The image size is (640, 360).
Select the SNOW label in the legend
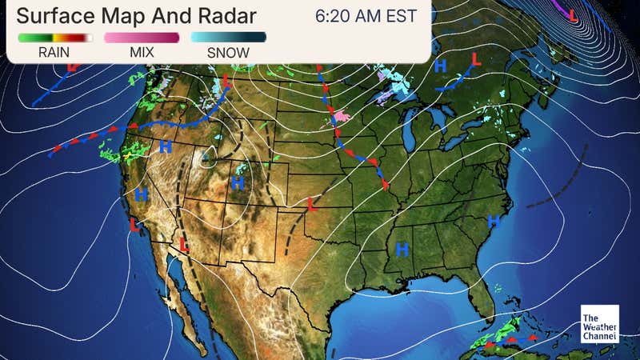(228, 53)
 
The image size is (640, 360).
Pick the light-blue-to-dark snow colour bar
(228, 37)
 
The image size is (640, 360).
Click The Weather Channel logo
(600, 324)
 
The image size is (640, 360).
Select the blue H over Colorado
(238, 183)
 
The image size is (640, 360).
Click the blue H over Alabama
(402, 252)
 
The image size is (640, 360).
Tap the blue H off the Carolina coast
(494, 220)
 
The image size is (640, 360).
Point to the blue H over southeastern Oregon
(166, 146)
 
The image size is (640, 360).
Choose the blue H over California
(142, 194)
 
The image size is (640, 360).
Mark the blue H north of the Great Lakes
(440, 66)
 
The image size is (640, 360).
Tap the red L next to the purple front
(573, 13)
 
